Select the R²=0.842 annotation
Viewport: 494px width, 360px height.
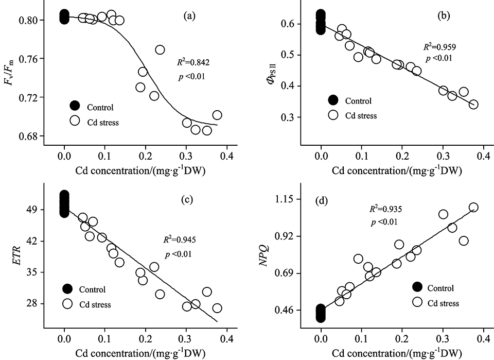pos(193,63)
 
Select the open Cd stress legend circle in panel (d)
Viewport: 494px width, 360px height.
pos(418,302)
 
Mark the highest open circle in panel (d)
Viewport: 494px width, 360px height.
pos(473,207)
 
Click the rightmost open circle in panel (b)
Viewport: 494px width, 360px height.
pos(473,105)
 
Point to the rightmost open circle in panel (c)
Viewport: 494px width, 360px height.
pos(217,308)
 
